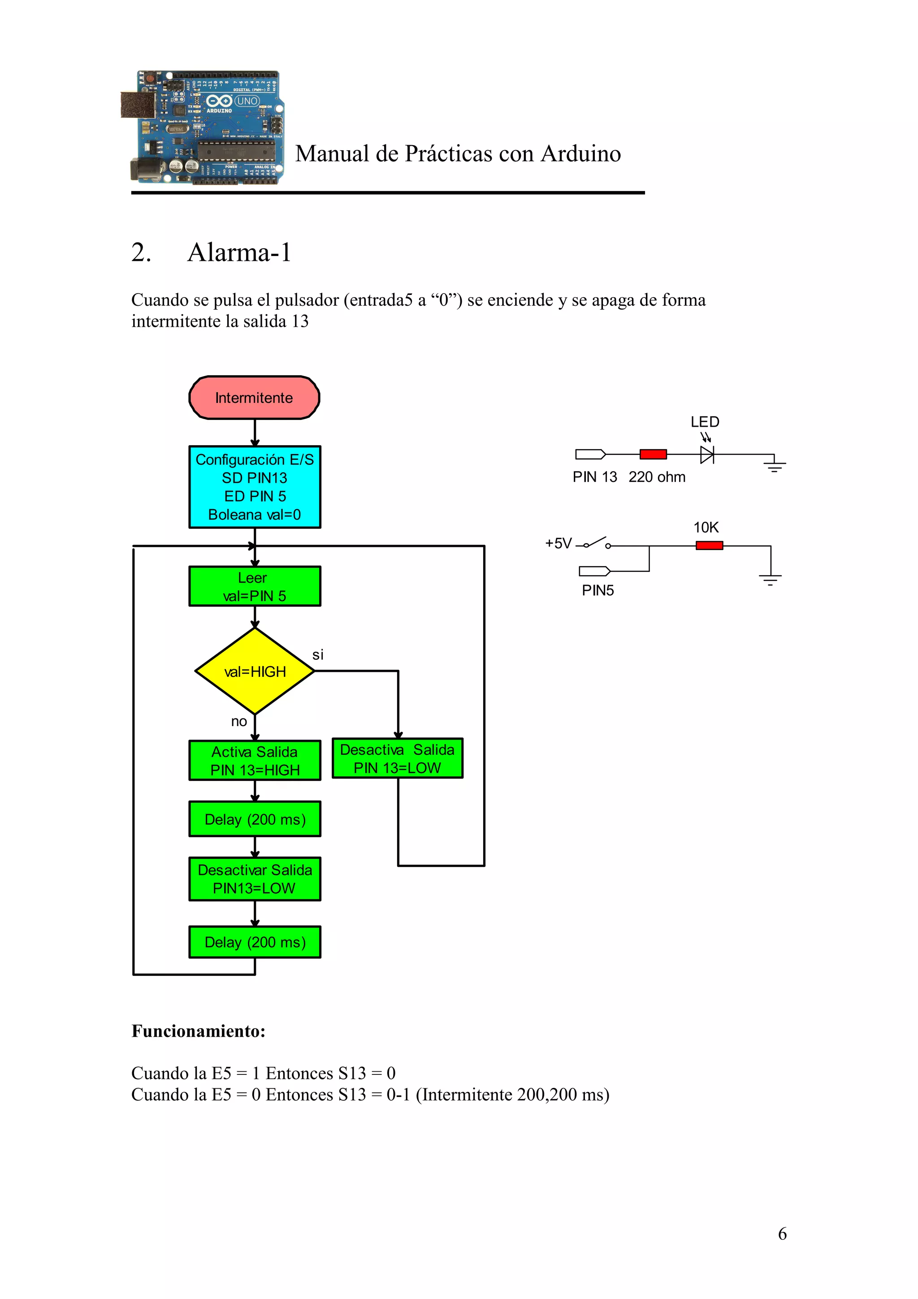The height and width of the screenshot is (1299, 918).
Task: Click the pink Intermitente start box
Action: [x=254, y=398]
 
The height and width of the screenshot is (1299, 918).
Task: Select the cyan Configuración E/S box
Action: [x=255, y=486]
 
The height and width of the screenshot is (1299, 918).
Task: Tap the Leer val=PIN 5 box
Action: [x=255, y=586]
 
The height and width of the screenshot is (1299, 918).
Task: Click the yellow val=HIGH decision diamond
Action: [x=255, y=671]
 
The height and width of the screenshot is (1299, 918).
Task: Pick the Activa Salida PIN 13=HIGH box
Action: [x=255, y=760]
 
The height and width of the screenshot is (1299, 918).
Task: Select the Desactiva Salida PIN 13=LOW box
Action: [x=397, y=758]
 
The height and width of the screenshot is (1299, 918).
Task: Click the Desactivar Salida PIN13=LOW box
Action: [x=255, y=879]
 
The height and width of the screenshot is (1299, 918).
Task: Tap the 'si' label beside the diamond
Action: [x=318, y=654]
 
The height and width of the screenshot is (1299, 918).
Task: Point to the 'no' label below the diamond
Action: [x=239, y=721]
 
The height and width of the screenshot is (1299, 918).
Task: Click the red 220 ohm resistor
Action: [x=653, y=454]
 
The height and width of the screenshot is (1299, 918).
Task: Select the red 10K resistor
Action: [x=709, y=546]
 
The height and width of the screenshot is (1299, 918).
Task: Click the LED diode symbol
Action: [x=706, y=454]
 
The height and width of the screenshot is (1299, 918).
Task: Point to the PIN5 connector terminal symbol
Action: [x=594, y=571]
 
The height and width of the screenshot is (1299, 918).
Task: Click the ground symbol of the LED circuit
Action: [x=774, y=466]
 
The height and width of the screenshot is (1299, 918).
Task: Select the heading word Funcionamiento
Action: [x=198, y=1031]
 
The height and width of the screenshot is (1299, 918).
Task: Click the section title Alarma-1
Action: [x=239, y=252]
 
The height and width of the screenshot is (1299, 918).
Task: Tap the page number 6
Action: [x=782, y=1234]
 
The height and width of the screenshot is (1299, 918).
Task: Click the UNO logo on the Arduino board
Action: [x=247, y=101]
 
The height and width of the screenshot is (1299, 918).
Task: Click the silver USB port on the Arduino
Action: [x=137, y=105]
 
